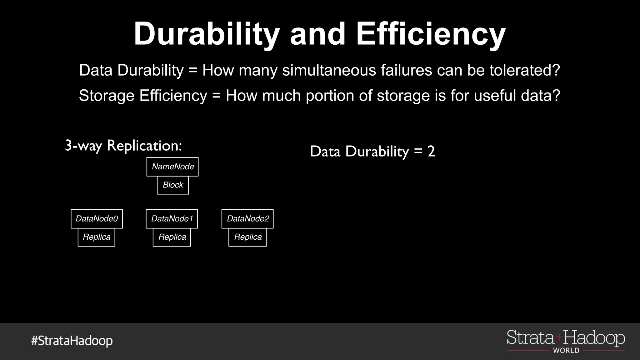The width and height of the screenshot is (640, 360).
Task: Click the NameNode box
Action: click(x=172, y=167)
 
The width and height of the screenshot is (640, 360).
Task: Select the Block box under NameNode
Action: click(x=173, y=185)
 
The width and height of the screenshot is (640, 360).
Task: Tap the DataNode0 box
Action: click(x=97, y=219)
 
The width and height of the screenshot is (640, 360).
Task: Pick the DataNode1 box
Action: click(x=172, y=219)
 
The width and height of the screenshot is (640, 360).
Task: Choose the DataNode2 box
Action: click(x=247, y=219)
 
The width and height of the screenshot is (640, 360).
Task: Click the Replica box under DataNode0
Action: click(x=97, y=237)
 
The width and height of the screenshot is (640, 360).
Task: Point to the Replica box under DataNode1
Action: click(x=172, y=237)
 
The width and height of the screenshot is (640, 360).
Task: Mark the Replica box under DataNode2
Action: click(x=247, y=237)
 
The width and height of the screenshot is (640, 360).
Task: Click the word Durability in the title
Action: click(x=207, y=34)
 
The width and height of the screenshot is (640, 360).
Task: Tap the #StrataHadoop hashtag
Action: click(x=72, y=341)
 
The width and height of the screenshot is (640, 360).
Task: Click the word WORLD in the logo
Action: click(x=566, y=351)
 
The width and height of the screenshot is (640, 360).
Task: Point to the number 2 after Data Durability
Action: click(x=431, y=152)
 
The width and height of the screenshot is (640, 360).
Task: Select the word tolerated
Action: click(x=525, y=70)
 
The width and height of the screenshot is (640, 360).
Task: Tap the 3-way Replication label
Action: click(x=123, y=146)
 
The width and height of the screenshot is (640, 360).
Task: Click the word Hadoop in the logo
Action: click(x=594, y=338)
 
